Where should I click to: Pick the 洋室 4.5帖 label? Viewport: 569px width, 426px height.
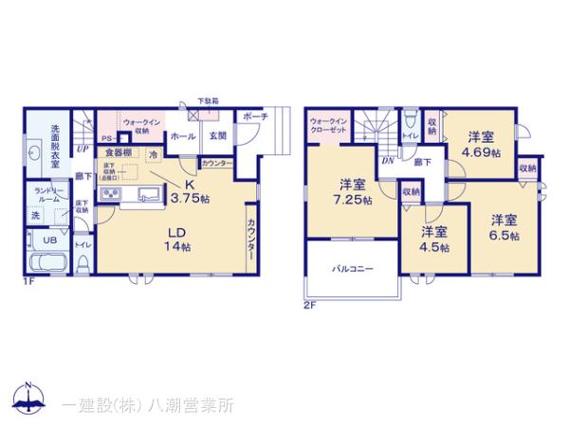pos(433,239)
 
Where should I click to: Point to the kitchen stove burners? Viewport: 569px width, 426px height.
pos(108,197)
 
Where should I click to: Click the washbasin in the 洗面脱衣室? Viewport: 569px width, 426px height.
pos(33,157)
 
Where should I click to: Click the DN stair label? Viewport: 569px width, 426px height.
pos(387,160)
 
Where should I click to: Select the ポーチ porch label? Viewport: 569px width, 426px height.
pos(255,116)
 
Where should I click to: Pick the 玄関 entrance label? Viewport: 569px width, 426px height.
pos(217,136)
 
